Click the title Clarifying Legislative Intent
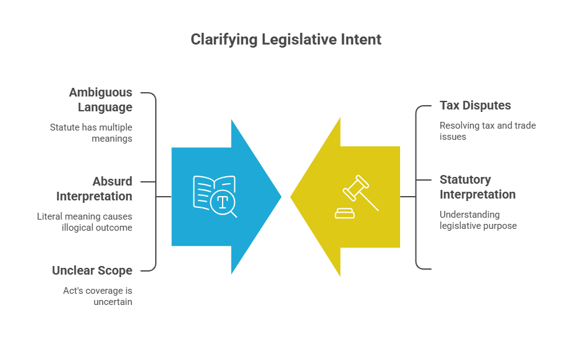coord(286,40)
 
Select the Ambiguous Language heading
coord(101,100)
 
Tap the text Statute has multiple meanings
coord(91,133)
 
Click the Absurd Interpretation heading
coord(94,189)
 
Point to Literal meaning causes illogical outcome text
coord(85,222)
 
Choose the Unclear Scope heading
coord(92,271)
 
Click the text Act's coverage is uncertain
coord(98,296)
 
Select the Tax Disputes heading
coord(475,105)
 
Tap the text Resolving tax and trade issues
coord(488,131)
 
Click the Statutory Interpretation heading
coord(477,187)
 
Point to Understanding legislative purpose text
coord(478,220)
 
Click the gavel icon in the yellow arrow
coord(357,197)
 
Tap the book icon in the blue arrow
coord(214,194)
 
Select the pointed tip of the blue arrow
coord(281,197)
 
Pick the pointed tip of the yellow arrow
coord(291,197)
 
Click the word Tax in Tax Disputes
coord(450,105)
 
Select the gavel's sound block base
coord(344,214)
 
